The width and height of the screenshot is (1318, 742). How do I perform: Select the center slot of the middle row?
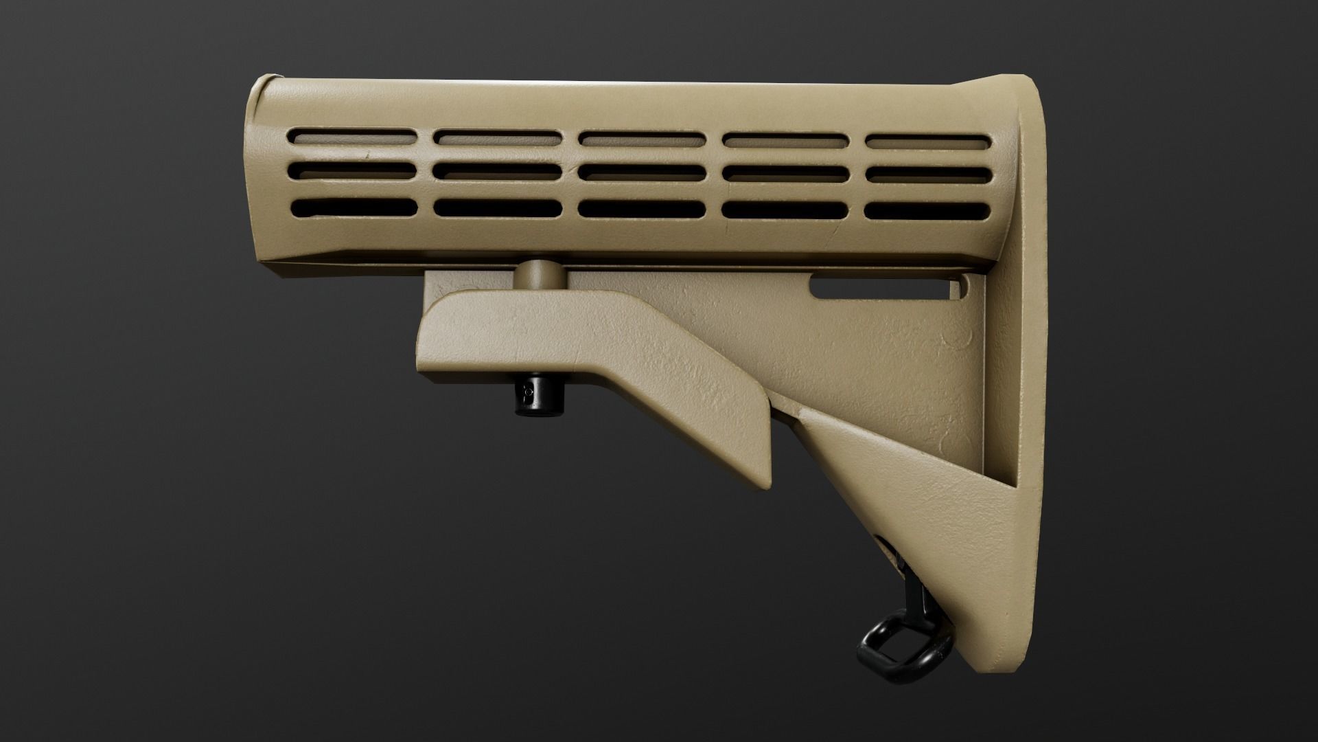641,172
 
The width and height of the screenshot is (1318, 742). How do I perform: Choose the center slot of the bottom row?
641,208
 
